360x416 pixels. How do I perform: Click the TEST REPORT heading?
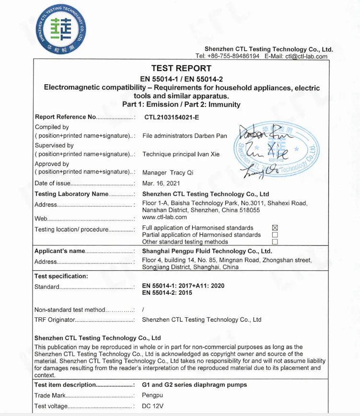tap(181, 69)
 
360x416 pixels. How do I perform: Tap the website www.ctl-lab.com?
tap(164, 217)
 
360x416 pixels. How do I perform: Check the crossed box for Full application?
tap(275, 228)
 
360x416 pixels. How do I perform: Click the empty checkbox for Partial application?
tap(275, 235)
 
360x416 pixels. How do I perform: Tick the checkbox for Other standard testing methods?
tap(275, 242)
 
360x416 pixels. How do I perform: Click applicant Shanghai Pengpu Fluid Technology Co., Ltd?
tap(207, 251)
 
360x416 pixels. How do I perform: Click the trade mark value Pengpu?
tap(153, 395)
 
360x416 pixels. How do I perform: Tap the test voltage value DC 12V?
tap(153, 406)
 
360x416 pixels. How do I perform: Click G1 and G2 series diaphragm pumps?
tap(195, 385)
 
